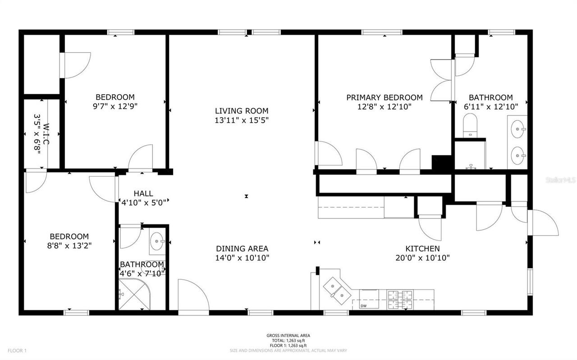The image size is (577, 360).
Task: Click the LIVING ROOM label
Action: [x=241, y=111]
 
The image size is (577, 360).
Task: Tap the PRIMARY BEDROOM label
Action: [x=384, y=97]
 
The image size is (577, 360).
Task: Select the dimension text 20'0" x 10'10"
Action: [x=422, y=258]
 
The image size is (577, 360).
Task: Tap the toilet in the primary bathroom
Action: [x=470, y=125]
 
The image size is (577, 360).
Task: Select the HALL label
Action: [x=143, y=193]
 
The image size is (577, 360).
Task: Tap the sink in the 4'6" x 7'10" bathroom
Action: [x=157, y=241]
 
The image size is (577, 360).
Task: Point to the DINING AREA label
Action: [x=242, y=249]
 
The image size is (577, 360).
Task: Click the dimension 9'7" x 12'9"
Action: [x=115, y=107]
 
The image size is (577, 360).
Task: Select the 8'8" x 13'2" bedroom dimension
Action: [x=69, y=246]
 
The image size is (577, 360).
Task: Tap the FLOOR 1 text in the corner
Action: [x=17, y=351]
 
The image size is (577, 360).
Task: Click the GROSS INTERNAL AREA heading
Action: [x=288, y=336]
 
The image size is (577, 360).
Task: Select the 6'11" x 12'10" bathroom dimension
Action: [x=490, y=107]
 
